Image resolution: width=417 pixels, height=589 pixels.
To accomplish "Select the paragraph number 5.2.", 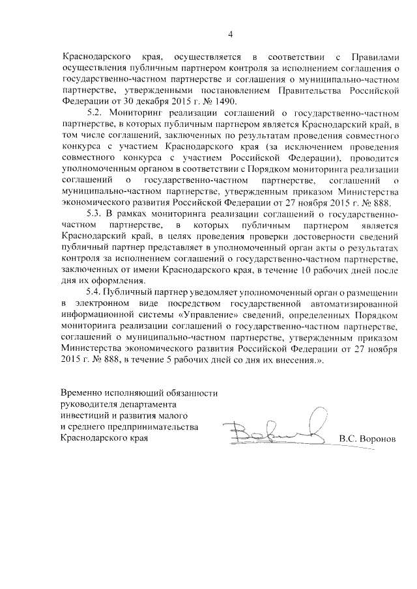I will [x=95, y=113].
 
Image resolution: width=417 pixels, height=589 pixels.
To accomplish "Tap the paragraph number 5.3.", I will [x=95, y=214].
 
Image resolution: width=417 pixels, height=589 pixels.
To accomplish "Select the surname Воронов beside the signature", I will [x=377, y=439].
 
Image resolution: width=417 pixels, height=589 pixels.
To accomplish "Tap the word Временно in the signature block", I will [x=81, y=394].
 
